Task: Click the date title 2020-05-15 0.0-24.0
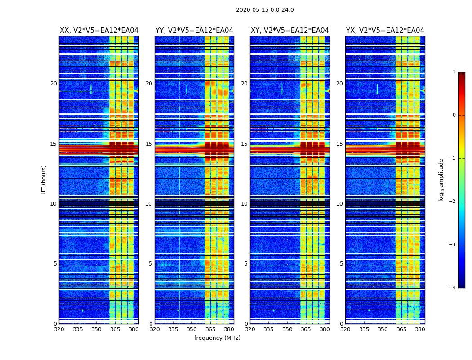tap(265, 10)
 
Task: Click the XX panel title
tap(99, 31)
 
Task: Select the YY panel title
tap(194, 31)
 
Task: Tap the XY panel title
tap(290, 31)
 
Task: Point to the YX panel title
tap(385, 31)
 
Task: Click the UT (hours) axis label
tap(44, 180)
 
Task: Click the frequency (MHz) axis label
tap(217, 338)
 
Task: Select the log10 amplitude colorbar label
tap(441, 180)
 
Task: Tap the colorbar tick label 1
tap(454, 72)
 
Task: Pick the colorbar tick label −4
tap(453, 288)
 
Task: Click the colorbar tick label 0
tap(454, 115)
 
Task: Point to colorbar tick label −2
tap(453, 202)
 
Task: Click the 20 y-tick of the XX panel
tap(53, 84)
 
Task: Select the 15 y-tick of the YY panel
tap(149, 144)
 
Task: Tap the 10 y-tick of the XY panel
tap(244, 204)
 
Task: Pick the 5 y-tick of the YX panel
tap(341, 264)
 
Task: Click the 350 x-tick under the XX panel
tap(96, 329)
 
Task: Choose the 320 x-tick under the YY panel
tap(155, 329)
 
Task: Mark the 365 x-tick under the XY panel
tap(306, 329)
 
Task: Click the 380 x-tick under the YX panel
tap(420, 329)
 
